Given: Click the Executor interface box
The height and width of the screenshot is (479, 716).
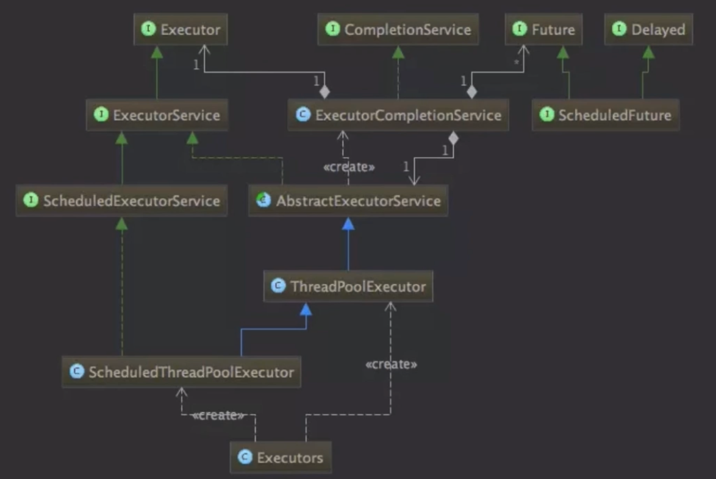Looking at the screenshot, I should (x=181, y=30).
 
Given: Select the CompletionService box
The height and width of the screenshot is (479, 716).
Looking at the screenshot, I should (x=398, y=30).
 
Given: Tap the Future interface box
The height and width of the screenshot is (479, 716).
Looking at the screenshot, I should (x=543, y=30).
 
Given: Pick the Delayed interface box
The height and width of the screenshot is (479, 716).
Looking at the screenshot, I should (x=648, y=30).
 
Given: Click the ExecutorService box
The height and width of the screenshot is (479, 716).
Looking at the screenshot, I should (x=157, y=115).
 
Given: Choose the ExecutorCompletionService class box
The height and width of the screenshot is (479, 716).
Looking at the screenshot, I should (x=398, y=115).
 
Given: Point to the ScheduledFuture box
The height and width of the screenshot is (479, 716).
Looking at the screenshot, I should (x=606, y=115).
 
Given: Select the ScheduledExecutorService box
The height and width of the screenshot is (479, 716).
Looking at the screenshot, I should (x=122, y=200).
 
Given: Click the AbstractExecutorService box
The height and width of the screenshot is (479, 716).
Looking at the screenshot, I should (x=348, y=200).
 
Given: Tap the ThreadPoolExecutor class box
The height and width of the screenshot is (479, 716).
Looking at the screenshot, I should (x=348, y=286).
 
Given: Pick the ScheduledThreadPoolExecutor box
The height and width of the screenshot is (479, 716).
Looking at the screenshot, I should (x=181, y=372).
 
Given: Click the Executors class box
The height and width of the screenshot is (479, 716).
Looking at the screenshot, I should (x=280, y=457).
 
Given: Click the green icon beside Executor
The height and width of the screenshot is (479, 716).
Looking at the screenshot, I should (x=148, y=29).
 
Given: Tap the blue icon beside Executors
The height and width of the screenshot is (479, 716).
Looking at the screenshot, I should (x=245, y=457).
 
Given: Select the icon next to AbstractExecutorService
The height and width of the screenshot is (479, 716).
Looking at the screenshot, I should (x=264, y=200).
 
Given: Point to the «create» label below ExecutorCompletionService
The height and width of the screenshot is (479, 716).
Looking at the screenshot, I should (x=349, y=167).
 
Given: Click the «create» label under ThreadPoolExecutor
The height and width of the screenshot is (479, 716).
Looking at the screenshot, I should (x=391, y=364).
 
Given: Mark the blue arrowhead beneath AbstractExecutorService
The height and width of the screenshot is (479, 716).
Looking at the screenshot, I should (x=348, y=224).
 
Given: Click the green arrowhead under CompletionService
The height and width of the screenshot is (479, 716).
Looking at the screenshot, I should (x=398, y=53).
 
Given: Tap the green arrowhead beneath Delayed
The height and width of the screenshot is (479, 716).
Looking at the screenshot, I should (x=648, y=53).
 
